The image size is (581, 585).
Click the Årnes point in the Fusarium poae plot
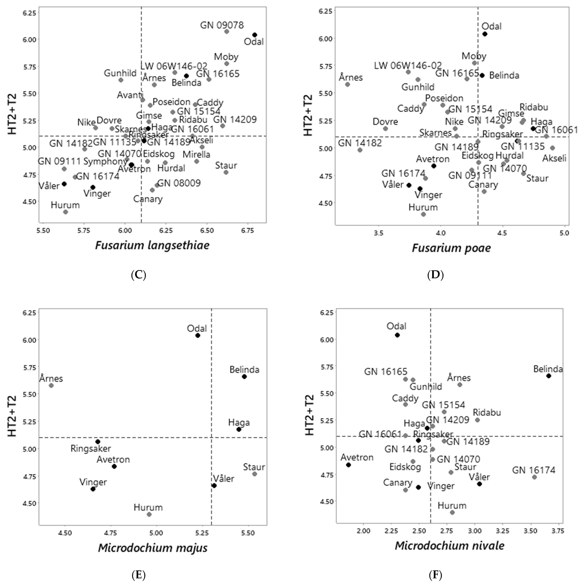347,85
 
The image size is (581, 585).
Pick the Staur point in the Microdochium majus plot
254,474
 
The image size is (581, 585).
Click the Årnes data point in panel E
51,385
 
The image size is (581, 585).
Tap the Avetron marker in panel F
348,465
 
